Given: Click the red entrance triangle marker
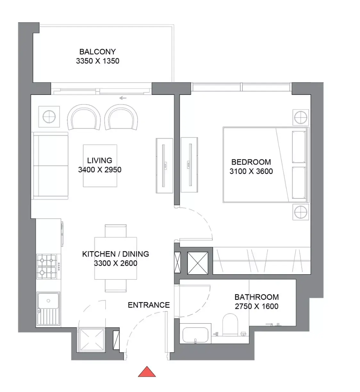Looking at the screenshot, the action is pos(147,372).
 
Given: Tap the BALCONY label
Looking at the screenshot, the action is pos(98,52).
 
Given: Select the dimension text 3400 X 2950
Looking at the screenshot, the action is pos(100,170).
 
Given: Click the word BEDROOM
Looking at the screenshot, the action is pos(251,162).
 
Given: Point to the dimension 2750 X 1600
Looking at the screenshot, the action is pos(257,306).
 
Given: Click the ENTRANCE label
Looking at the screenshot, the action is pos(149,305).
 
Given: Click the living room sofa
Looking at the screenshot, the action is pos(51,166).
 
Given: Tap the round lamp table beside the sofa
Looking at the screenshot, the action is pos(49,117).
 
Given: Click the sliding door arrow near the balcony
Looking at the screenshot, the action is pos(123,98).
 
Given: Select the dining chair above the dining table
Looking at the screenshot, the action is pos(116,231).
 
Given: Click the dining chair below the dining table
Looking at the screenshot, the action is pos(116,286).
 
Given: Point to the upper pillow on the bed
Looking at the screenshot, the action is pos(299,147).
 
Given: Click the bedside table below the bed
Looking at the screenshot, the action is pos(301,212).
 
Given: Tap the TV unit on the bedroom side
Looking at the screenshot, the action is pos(189,165).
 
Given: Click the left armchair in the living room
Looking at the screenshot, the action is pos(84,117).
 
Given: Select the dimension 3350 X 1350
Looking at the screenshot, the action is pos(98,61).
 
